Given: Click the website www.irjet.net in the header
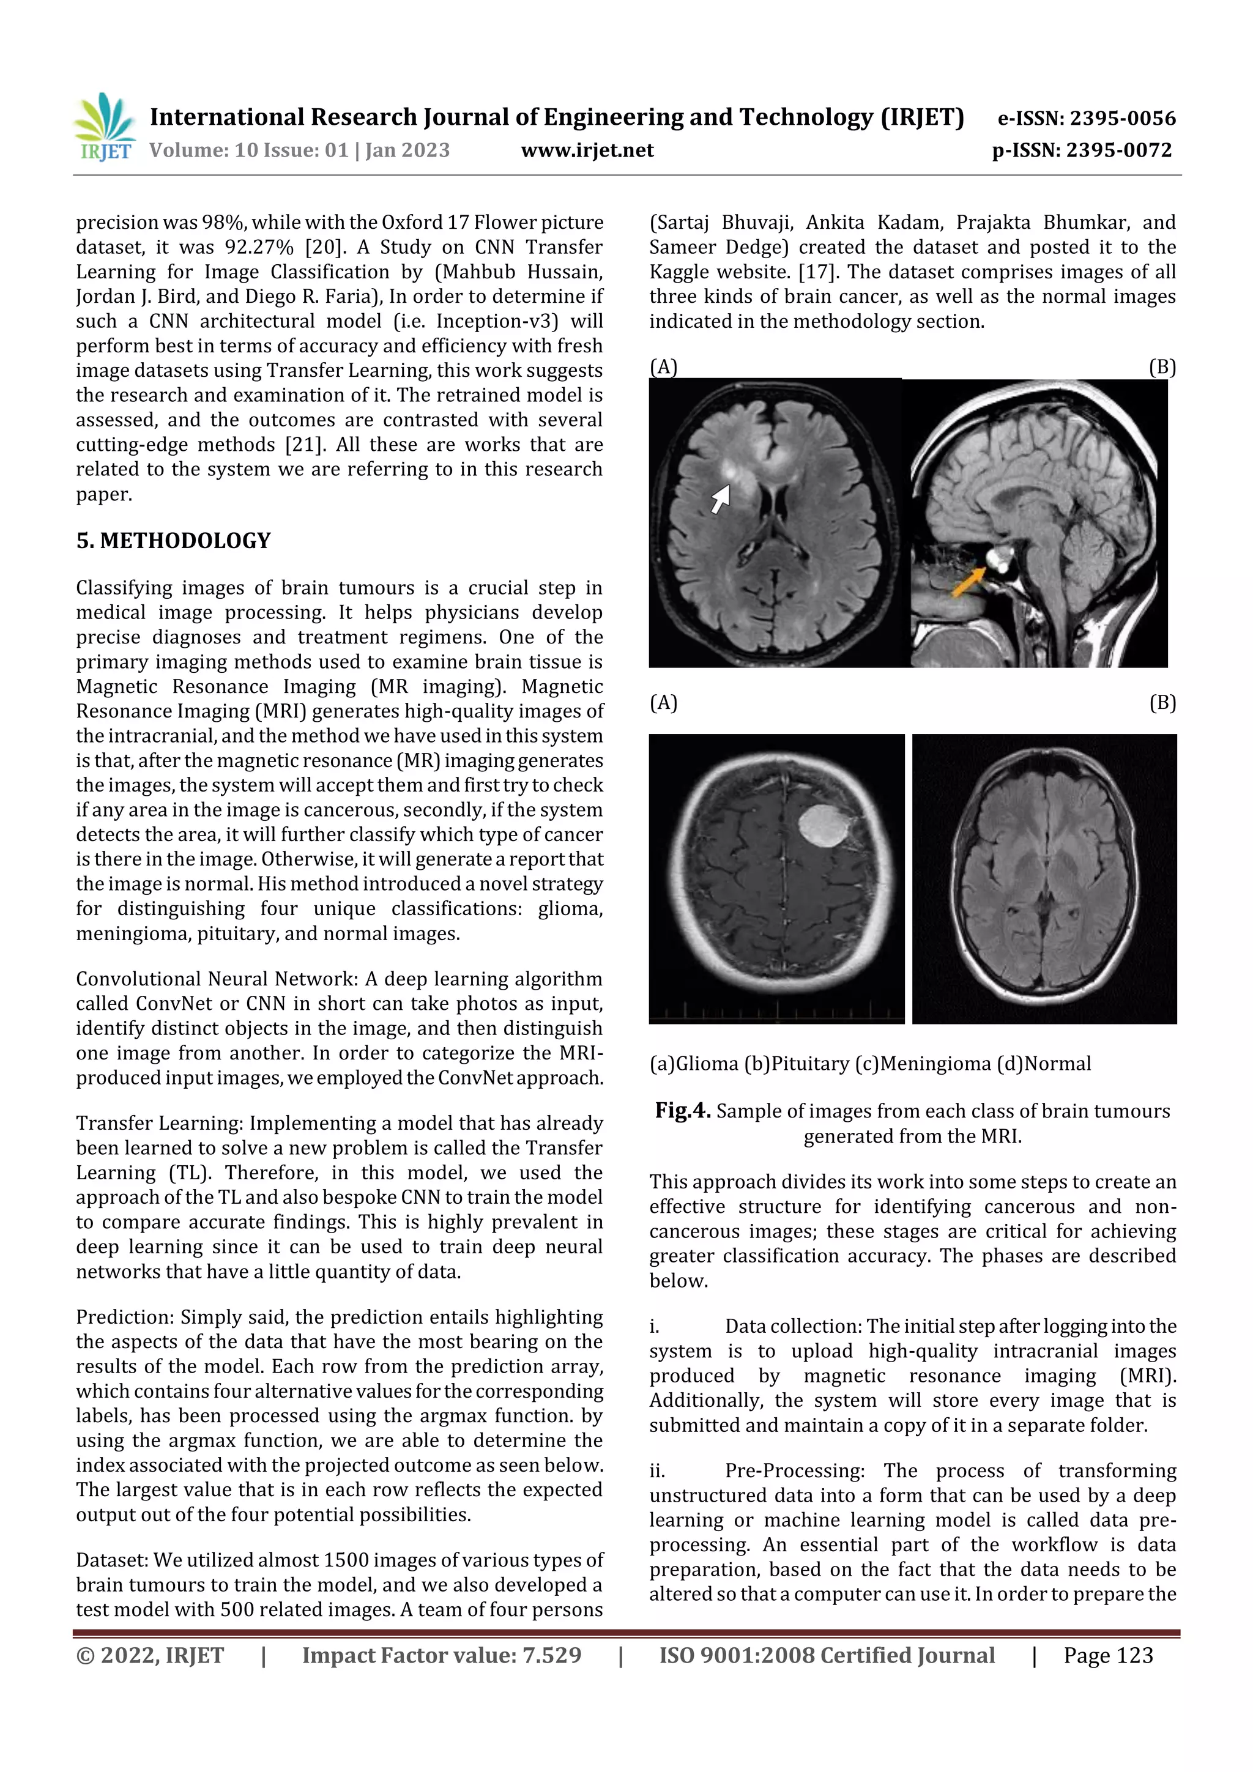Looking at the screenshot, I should point(587,150).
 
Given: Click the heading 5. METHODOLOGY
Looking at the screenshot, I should point(174,540).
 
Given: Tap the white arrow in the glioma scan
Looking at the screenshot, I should point(719,499).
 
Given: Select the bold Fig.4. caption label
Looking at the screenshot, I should point(682,1111).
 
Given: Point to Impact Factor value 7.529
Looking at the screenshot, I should point(442,1655).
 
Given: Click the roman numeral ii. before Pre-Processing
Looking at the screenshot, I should point(656,1471).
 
